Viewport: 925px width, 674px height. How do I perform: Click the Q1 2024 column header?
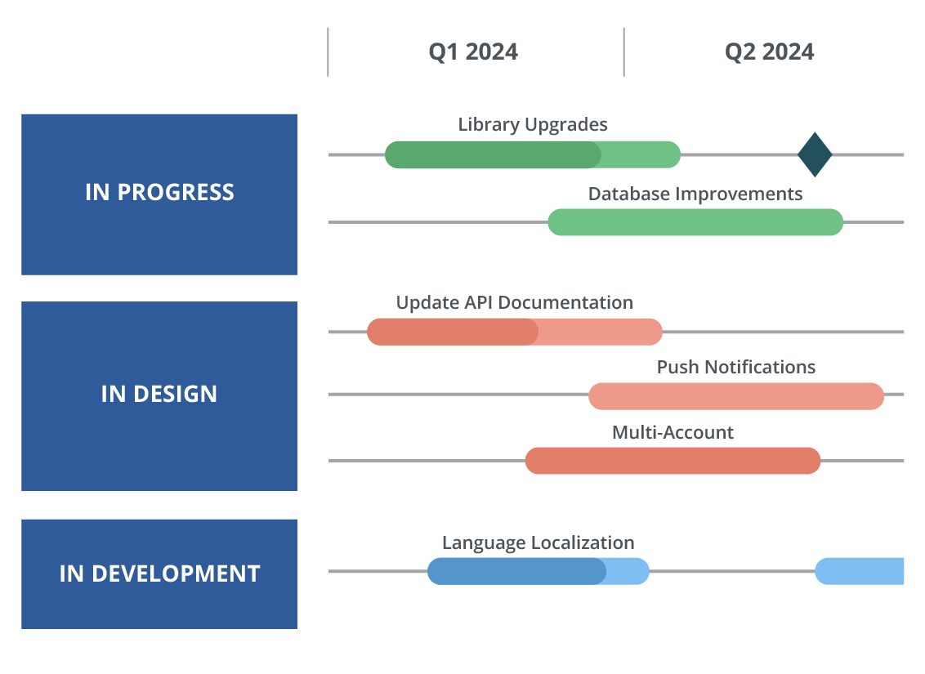(473, 52)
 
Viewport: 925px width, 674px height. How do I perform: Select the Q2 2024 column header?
(769, 52)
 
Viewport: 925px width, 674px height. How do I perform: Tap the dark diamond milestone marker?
(815, 154)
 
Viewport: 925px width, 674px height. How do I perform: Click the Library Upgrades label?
(533, 124)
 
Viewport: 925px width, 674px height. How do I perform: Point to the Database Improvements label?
(695, 194)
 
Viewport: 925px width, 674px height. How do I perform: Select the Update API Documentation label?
(515, 302)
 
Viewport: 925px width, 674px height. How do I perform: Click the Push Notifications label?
(736, 367)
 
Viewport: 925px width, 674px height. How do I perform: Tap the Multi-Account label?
(673, 432)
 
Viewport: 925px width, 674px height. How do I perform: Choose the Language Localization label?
(538, 542)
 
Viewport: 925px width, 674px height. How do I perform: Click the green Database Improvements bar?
(695, 222)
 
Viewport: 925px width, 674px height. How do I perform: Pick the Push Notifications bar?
(736, 396)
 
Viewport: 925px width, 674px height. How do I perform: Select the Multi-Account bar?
(673, 461)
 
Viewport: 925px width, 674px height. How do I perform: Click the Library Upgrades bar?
(533, 154)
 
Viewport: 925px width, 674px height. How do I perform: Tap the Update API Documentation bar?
(515, 332)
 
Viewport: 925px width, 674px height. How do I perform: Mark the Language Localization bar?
(538, 571)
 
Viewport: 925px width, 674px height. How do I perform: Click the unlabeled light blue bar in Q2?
(859, 571)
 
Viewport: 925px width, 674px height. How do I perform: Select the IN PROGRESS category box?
(159, 194)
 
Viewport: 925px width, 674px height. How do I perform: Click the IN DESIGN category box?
(159, 396)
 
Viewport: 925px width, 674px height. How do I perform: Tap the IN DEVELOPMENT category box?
(159, 574)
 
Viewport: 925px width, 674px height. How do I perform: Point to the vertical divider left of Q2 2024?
(623, 52)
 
